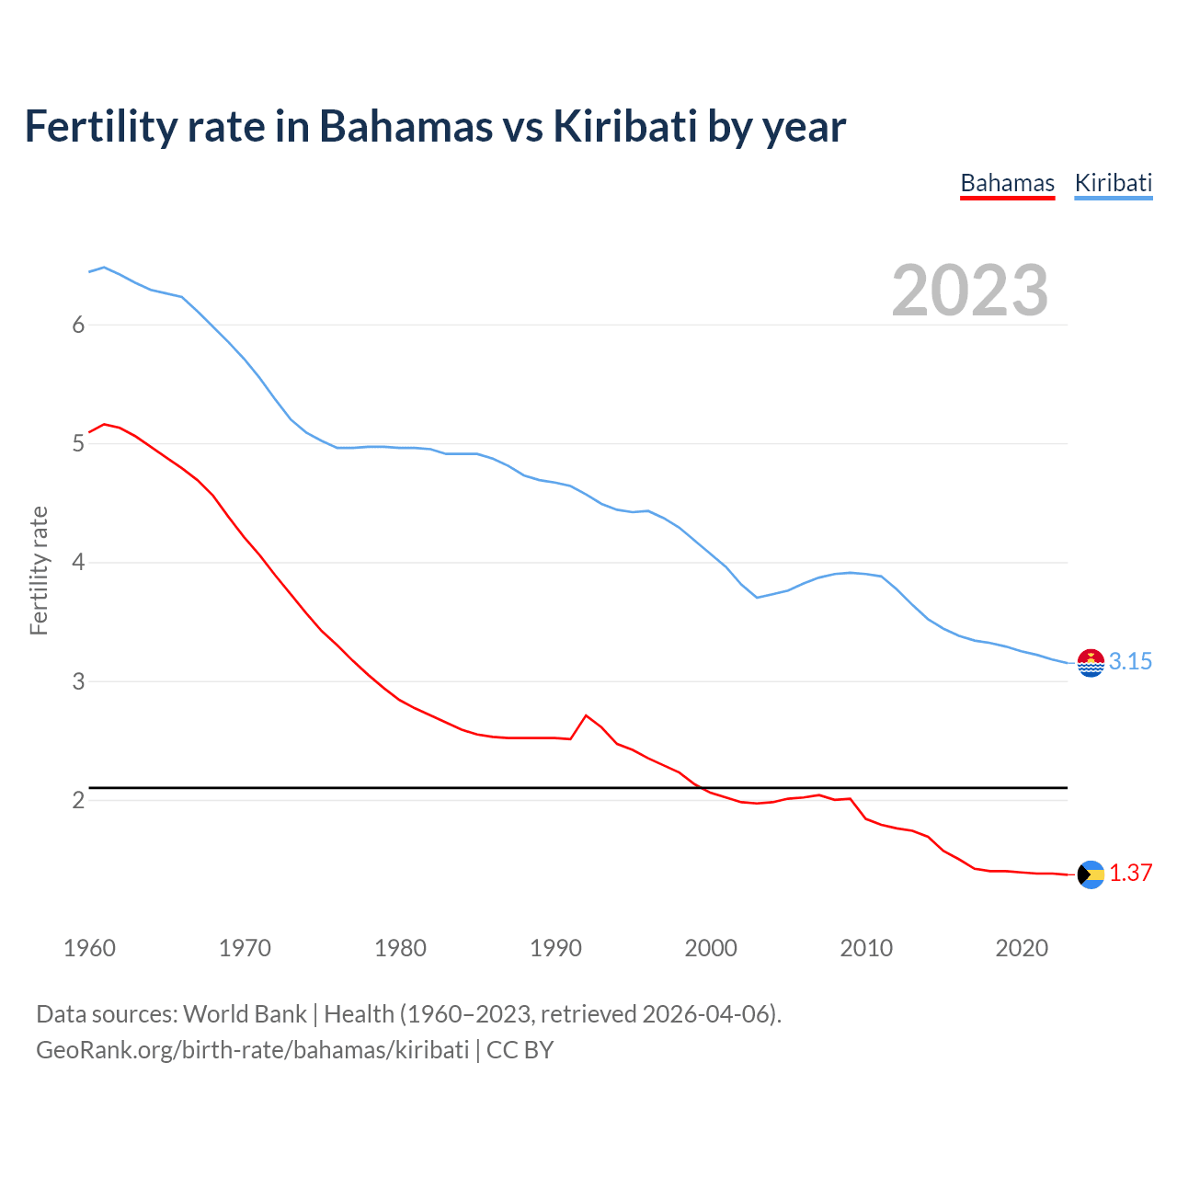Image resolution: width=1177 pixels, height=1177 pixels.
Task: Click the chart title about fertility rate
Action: (435, 126)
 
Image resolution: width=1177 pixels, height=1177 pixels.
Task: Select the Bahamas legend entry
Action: (1007, 183)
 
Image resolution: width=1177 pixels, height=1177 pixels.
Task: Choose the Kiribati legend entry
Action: (1113, 183)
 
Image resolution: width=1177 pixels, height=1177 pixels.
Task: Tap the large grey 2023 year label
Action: (969, 291)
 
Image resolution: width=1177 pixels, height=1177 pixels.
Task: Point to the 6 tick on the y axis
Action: (78, 325)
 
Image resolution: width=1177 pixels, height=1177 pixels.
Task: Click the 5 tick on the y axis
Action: (78, 444)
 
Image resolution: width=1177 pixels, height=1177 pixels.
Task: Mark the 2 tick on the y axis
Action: (78, 800)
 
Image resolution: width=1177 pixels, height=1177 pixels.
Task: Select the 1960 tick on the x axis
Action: (89, 948)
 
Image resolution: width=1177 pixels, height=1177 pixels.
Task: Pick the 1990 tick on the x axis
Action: (555, 948)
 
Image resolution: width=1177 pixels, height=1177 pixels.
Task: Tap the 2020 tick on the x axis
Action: (1022, 948)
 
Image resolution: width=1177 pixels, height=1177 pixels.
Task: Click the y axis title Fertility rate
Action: (39, 570)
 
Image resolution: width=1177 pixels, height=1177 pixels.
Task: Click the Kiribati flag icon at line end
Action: (1091, 663)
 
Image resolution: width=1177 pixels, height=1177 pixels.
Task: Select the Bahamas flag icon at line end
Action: (1091, 874)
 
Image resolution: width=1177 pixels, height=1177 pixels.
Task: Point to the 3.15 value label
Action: (1130, 662)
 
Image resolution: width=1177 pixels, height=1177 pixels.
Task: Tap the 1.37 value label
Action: (1130, 874)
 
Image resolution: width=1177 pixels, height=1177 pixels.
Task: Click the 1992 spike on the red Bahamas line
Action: (586, 715)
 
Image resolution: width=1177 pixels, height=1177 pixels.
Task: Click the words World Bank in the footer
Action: (245, 1014)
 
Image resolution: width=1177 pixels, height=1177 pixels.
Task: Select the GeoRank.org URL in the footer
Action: (252, 1050)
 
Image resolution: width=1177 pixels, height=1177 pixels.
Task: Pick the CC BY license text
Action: (520, 1050)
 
